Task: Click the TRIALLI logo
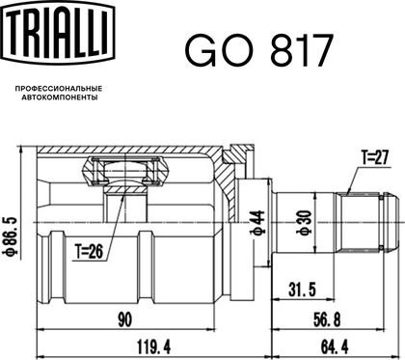(59, 33)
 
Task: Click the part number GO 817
(258, 51)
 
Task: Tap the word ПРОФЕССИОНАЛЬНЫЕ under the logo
(59, 88)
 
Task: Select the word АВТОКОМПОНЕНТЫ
(60, 97)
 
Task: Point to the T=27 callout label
(375, 158)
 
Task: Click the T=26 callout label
(89, 251)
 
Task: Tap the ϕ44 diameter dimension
(257, 222)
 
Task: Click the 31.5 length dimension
(302, 290)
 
